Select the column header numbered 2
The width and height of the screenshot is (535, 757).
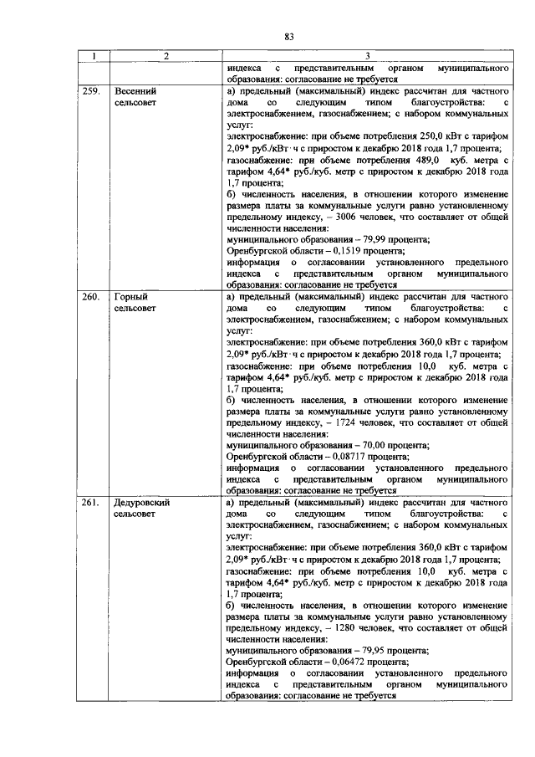pyautogui.click(x=166, y=57)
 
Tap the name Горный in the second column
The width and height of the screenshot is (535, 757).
pyautogui.click(x=130, y=297)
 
